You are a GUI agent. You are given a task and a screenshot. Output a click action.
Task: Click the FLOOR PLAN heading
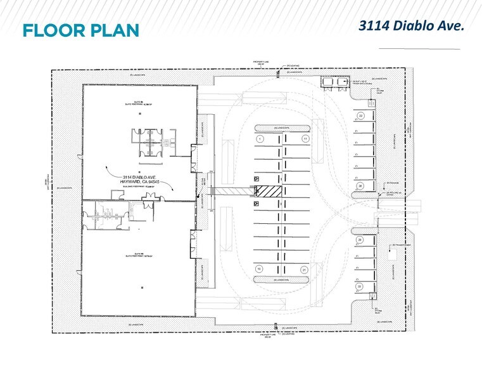[80, 30]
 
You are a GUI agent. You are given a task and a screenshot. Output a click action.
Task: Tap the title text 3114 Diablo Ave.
[412, 25]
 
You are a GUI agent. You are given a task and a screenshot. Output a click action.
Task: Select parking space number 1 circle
[259, 138]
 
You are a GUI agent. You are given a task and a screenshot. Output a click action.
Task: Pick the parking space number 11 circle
[305, 138]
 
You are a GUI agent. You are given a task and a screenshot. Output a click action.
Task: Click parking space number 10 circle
[259, 269]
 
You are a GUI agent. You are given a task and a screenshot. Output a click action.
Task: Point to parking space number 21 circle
[305, 269]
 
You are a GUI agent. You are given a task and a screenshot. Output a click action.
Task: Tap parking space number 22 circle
[360, 116]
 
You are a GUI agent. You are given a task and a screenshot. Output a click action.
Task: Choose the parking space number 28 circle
[360, 185]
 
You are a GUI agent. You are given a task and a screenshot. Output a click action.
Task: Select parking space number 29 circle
[360, 239]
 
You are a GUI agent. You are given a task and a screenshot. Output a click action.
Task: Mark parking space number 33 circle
[360, 286]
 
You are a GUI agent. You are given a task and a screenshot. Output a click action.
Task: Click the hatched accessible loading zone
[273, 191]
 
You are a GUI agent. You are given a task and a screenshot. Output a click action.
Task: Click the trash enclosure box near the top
[332, 82]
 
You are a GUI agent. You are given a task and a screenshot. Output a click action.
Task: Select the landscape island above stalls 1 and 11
[282, 128]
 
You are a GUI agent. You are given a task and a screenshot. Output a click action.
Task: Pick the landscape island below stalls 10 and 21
[282, 279]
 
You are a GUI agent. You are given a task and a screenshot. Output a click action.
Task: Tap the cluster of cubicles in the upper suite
[149, 140]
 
